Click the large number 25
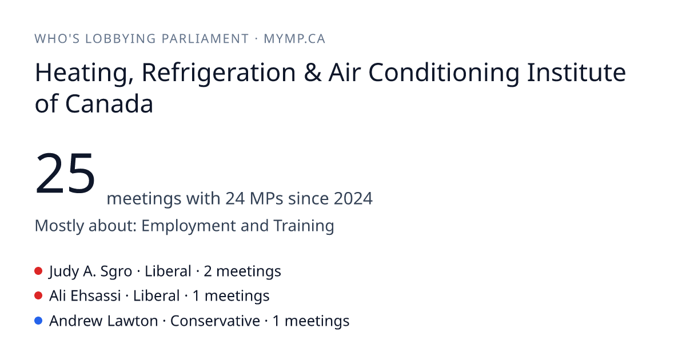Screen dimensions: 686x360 (65, 173)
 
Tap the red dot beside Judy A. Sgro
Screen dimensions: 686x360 (38, 271)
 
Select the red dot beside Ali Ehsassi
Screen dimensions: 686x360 (38, 296)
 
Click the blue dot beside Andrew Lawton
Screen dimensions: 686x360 (38, 321)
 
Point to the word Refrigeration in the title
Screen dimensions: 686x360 (218, 73)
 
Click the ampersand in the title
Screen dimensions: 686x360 (313, 73)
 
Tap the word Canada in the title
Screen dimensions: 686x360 (109, 104)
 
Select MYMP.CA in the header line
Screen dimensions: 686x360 (294, 39)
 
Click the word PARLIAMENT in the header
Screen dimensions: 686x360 (205, 39)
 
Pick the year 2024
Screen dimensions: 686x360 (353, 198)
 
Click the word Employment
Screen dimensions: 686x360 (188, 226)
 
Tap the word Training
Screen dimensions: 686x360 (304, 226)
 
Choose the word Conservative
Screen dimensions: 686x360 (215, 321)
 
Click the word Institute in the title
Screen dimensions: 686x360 (576, 73)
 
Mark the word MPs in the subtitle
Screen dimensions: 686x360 (266, 198)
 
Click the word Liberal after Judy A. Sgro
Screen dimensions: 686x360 (168, 271)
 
